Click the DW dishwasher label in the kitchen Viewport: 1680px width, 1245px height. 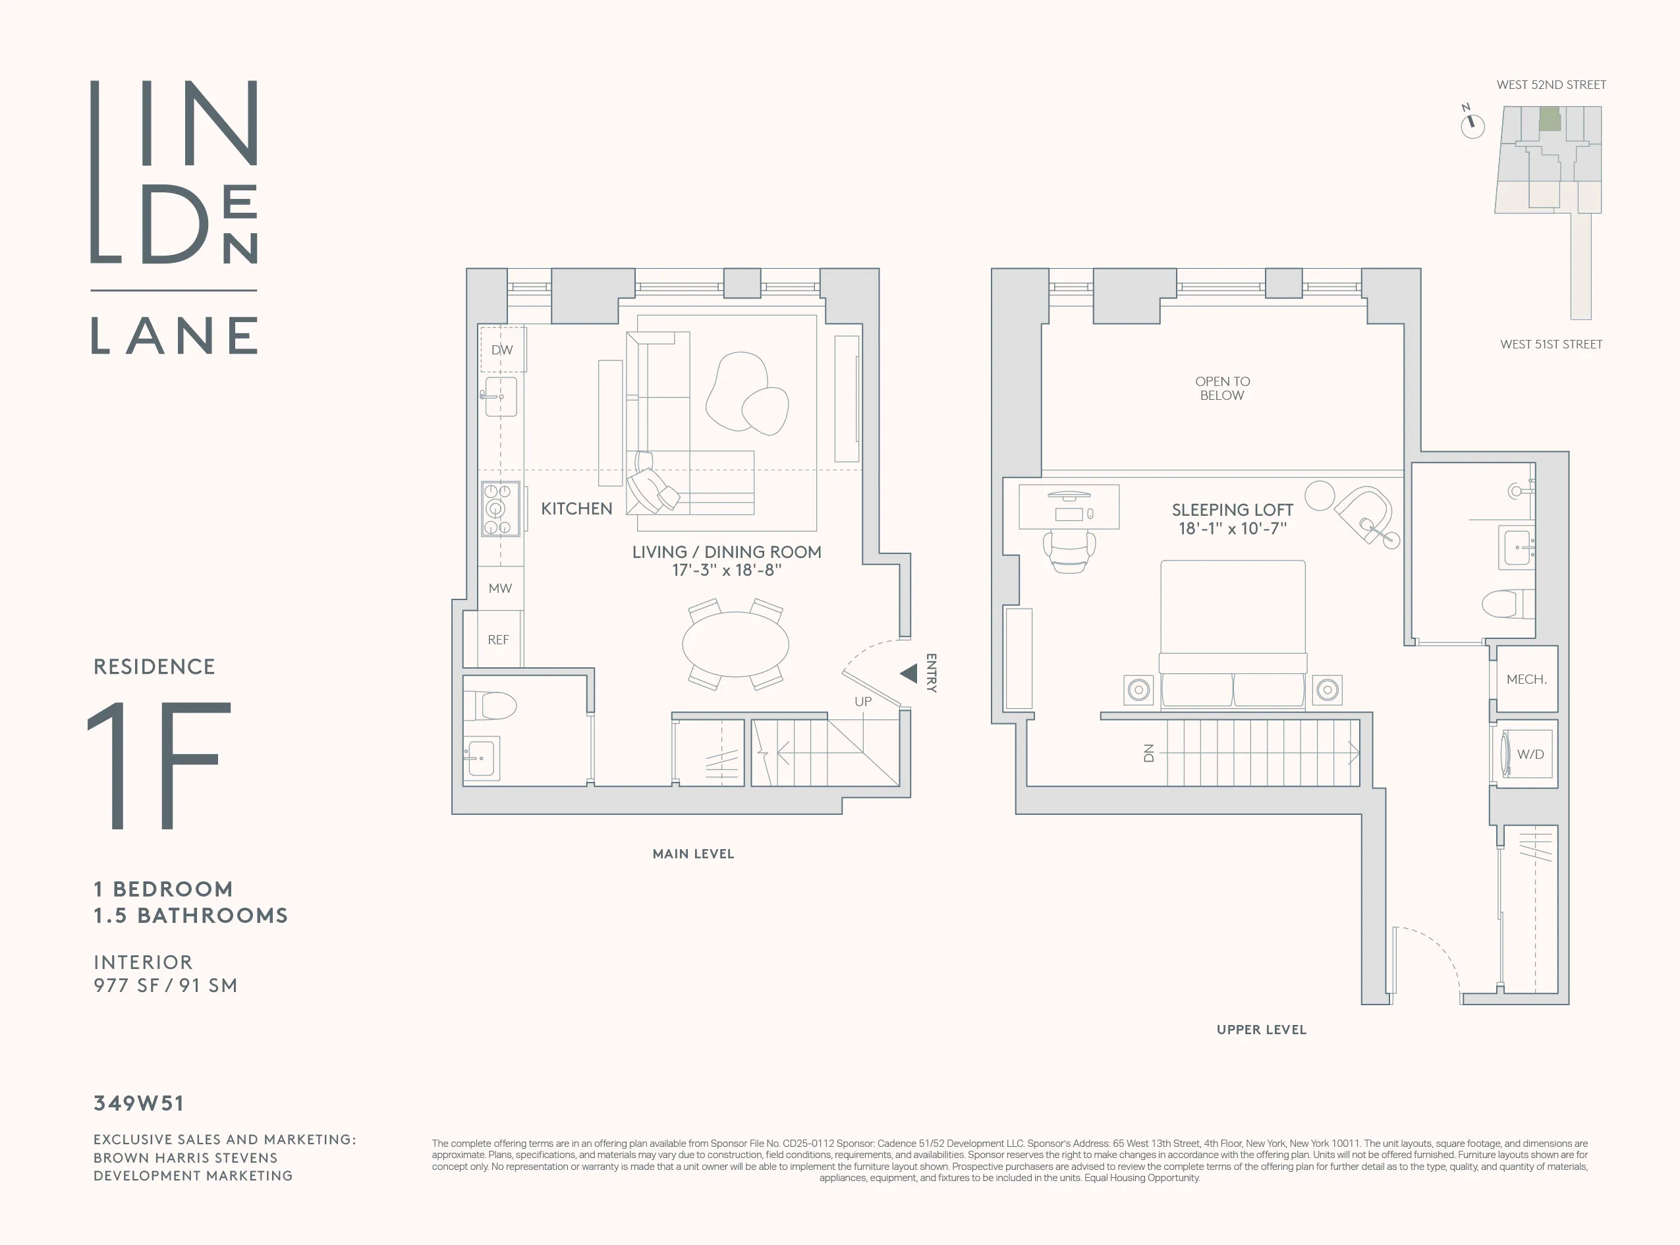[x=502, y=350]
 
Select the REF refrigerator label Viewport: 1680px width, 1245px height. [x=498, y=640]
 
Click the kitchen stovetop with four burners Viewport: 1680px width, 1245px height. [x=501, y=509]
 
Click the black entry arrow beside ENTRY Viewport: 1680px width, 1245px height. [x=909, y=673]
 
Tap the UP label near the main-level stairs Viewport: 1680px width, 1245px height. [x=863, y=702]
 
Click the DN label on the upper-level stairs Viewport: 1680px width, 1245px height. [x=1148, y=753]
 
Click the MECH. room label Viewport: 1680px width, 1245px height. [x=1526, y=679]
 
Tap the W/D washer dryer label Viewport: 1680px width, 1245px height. [x=1530, y=754]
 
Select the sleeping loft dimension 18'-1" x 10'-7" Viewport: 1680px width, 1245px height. [x=1232, y=529]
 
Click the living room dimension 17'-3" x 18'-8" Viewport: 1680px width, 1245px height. [x=727, y=570]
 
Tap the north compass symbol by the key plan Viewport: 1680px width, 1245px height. [x=1472, y=124]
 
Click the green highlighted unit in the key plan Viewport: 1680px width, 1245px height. [x=1550, y=119]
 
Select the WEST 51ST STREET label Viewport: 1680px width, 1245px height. [x=1551, y=345]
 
